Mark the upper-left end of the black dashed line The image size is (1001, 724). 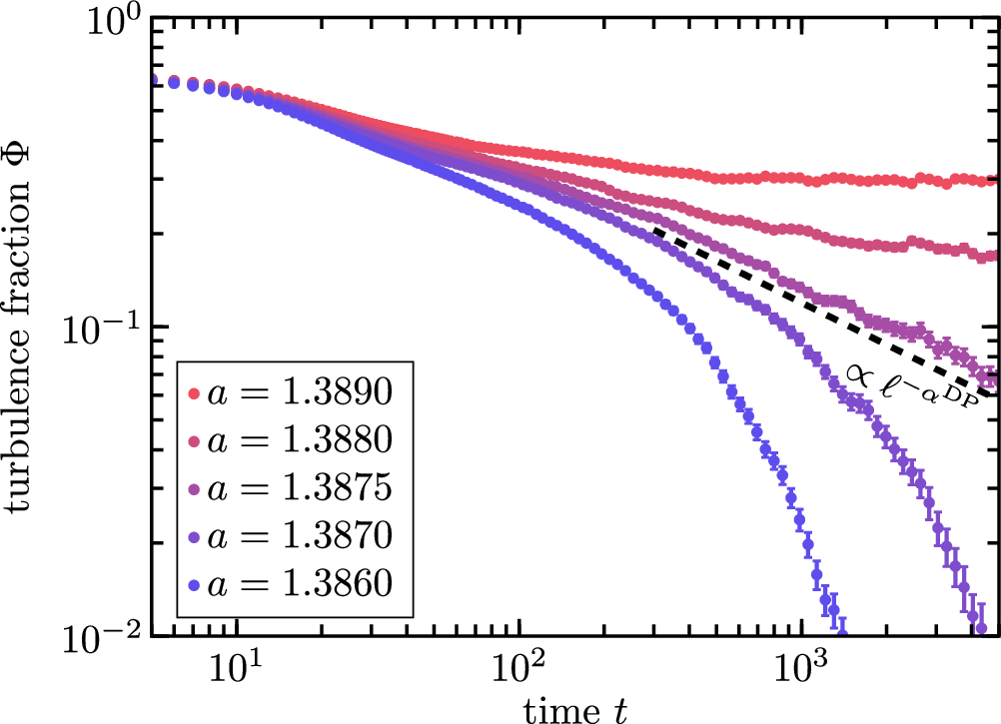(656, 232)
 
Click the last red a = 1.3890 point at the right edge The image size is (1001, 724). (992, 180)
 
